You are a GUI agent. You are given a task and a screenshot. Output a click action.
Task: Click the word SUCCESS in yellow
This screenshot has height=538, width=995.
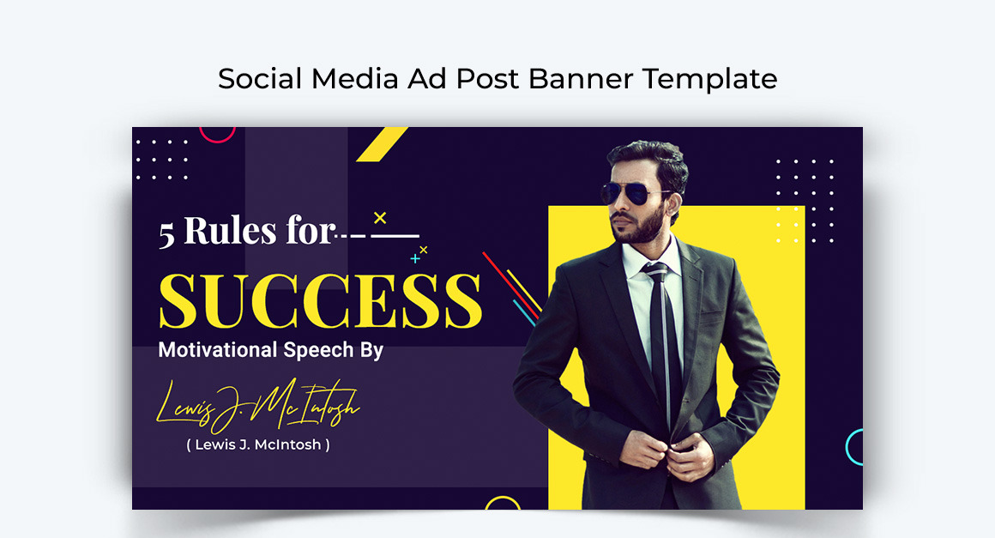(319, 300)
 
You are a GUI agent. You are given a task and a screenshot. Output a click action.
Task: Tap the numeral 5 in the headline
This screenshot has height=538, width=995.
(166, 234)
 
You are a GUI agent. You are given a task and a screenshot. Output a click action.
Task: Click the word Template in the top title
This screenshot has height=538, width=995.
(710, 79)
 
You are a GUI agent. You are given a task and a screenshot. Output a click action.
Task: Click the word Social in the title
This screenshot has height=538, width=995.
(260, 79)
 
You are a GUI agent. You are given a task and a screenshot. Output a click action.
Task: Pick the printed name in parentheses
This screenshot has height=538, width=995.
(258, 444)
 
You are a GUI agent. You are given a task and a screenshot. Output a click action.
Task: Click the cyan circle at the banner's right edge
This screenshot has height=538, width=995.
(855, 447)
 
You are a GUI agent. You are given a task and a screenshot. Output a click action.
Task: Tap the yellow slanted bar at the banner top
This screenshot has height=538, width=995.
(382, 144)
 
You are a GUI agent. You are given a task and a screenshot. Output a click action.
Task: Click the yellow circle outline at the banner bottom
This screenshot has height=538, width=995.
(503, 504)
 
